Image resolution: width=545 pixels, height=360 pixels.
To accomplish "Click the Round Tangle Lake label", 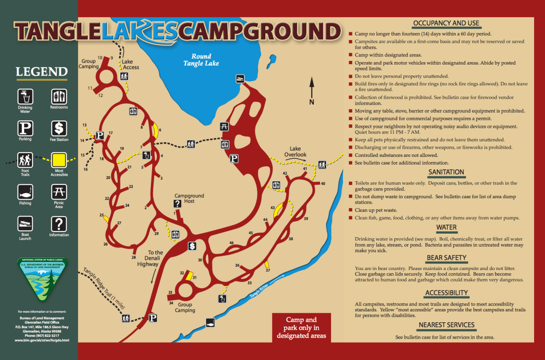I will coord(201,60).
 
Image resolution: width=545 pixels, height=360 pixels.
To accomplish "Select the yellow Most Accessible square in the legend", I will coord(59,160).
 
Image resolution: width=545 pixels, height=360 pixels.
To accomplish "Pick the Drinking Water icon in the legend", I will coord(25,96).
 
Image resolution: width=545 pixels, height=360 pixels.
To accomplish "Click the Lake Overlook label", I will coord(295,151).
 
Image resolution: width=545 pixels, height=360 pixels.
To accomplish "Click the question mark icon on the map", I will coord(178,204).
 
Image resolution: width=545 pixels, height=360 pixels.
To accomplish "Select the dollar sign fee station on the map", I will coord(193,246).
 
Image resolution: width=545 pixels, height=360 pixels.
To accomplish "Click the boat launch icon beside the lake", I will coord(240,78).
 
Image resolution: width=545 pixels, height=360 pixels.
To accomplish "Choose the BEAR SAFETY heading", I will coord(446,258).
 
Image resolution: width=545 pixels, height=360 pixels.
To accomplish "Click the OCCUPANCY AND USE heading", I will coord(446,23).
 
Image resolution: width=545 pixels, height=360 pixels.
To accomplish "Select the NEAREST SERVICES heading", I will coord(446,325).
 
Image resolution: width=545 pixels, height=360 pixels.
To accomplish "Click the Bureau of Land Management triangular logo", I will coord(42,280).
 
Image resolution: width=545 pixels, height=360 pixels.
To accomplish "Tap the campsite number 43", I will coord(273,207).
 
